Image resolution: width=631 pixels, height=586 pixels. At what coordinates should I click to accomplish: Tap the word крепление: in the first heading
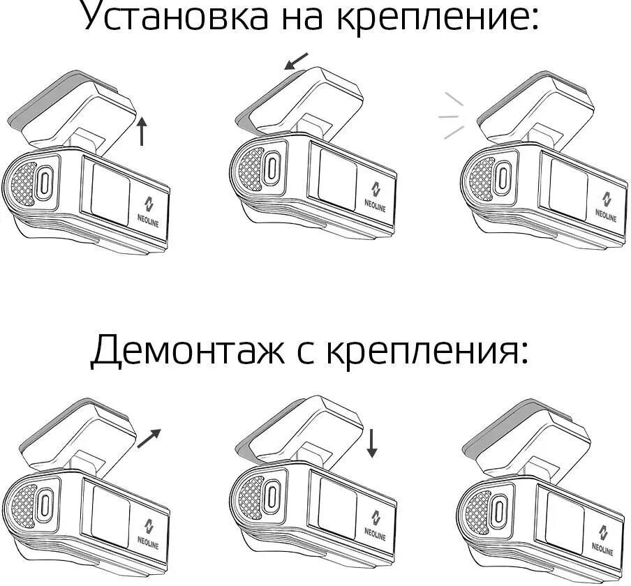[437, 17]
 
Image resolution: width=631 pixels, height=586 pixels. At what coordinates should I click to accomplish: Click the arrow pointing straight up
[142, 130]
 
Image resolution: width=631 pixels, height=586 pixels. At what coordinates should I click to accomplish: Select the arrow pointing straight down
[371, 444]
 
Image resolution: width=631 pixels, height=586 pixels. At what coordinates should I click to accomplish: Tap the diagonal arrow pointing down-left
[296, 63]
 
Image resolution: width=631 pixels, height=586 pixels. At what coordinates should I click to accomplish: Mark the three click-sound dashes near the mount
[450, 117]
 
